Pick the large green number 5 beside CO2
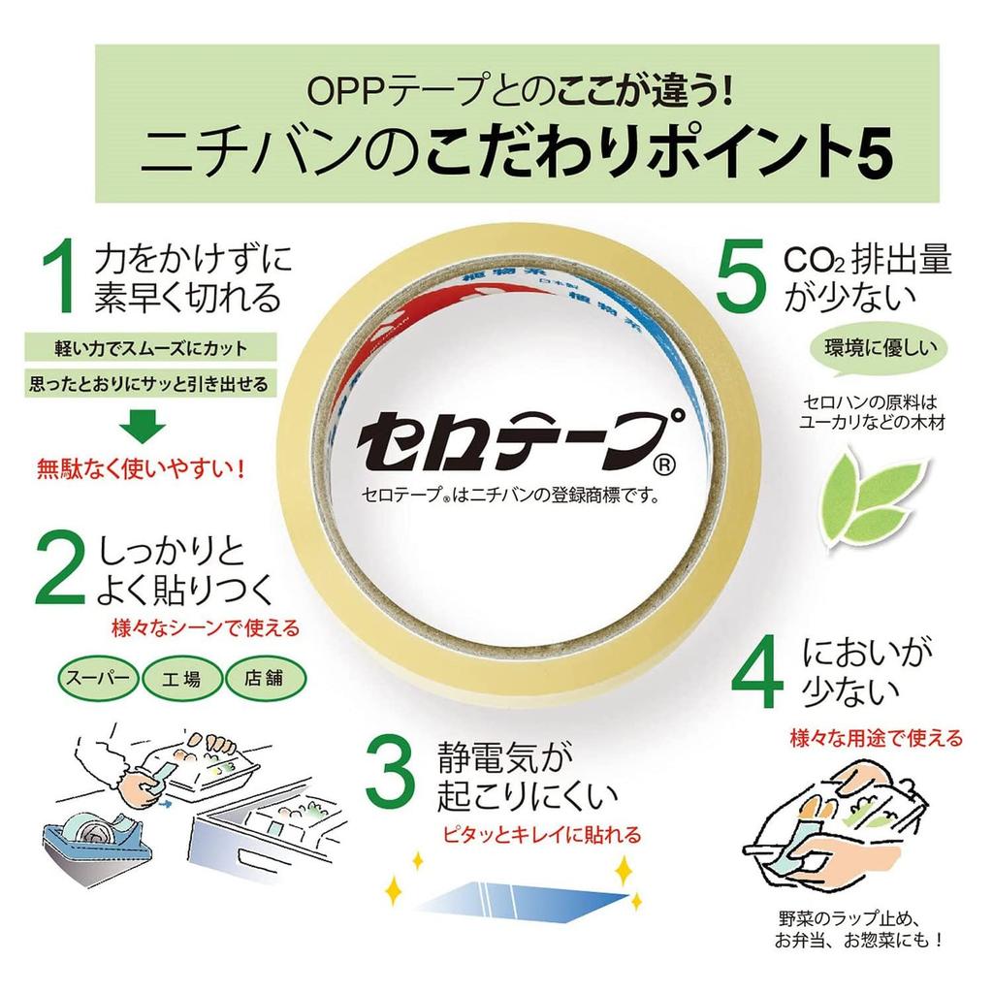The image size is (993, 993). click(741, 276)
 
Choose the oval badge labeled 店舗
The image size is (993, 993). click(266, 679)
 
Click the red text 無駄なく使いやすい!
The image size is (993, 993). click(142, 470)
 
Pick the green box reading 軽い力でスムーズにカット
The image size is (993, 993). click(150, 348)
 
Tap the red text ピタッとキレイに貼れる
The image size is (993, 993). click(542, 835)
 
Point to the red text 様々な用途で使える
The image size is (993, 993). click(877, 738)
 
